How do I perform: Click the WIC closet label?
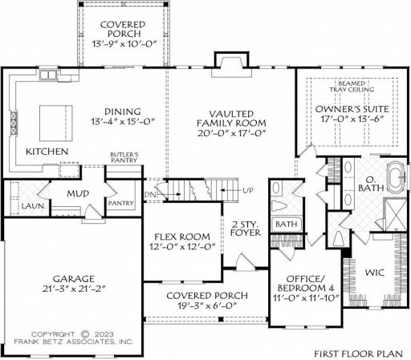[x=375, y=273]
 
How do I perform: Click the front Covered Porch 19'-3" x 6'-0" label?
[x=207, y=301]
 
